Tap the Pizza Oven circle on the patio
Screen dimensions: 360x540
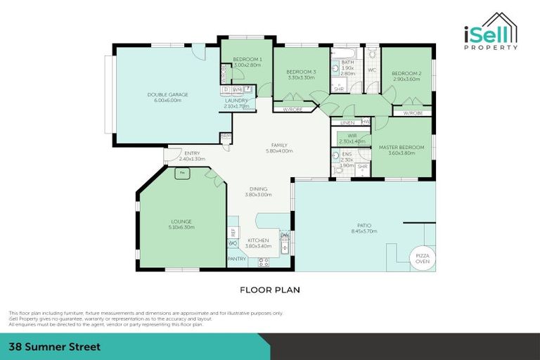tap(423, 258)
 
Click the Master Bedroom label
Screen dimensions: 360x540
tap(401, 148)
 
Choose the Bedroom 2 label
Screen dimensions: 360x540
tap(406, 73)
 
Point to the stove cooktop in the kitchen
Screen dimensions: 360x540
tap(264, 262)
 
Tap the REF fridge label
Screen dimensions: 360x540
tap(232, 231)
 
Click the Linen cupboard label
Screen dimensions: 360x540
tap(347, 122)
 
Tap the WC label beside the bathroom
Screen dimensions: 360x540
tap(373, 70)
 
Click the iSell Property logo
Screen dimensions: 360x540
tap(491, 32)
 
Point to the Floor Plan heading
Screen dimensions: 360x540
tap(270, 289)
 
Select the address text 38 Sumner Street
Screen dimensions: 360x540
tap(55, 347)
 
